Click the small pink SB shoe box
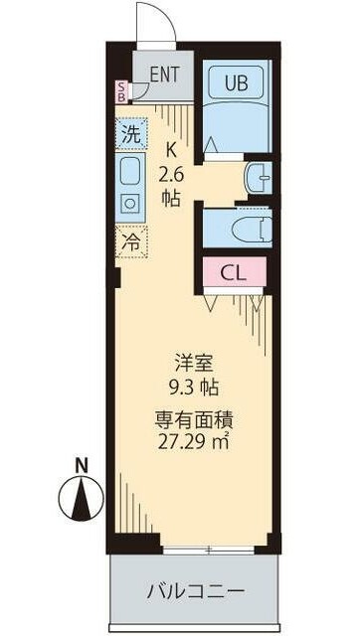(122, 92)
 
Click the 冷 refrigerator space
(131, 239)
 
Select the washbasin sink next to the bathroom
(258, 179)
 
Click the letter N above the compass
(80, 463)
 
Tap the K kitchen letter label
(170, 151)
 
